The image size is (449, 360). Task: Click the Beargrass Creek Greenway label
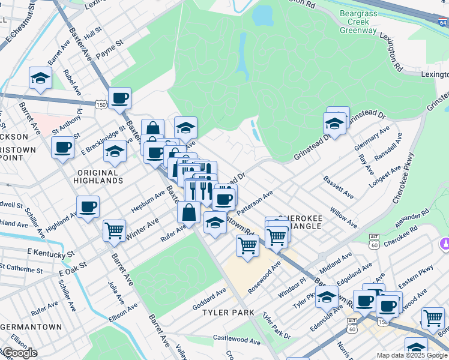tap(358, 21)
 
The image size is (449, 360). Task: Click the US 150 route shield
tap(103, 104)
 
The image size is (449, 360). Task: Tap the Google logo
tap(19, 353)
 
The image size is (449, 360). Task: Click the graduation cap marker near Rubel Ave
tap(40, 78)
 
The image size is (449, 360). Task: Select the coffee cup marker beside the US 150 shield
tap(119, 98)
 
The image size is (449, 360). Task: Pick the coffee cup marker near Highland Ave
tap(88, 207)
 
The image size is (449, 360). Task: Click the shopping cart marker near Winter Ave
tap(113, 230)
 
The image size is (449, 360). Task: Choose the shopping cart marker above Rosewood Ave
tap(247, 245)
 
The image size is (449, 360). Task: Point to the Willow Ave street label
tap(344, 218)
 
